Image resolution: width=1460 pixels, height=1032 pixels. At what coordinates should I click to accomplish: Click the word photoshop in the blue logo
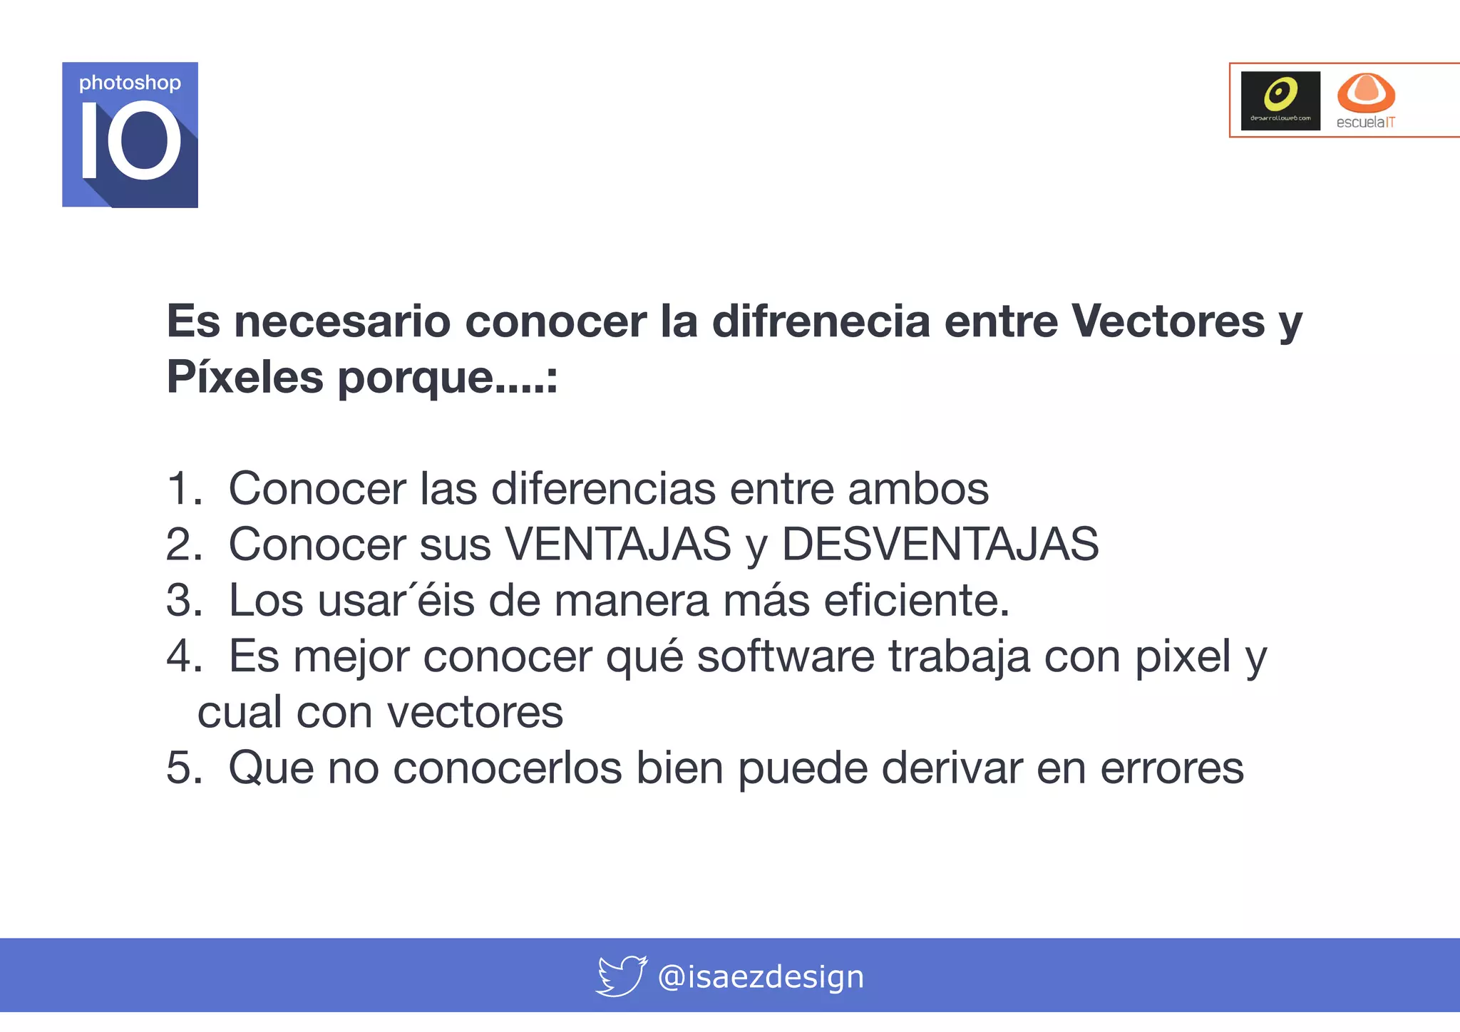tap(130, 83)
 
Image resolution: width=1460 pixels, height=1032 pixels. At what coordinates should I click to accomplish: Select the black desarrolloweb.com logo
tap(1280, 100)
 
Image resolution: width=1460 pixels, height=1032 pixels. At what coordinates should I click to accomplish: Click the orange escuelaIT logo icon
tap(1365, 93)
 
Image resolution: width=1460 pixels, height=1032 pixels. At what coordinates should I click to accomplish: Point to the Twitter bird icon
tap(621, 976)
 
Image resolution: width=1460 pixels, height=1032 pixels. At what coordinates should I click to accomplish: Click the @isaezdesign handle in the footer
tap(761, 976)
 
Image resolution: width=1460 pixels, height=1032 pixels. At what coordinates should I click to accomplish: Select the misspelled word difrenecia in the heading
tap(821, 321)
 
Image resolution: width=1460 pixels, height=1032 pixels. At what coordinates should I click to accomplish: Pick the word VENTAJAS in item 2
tap(618, 545)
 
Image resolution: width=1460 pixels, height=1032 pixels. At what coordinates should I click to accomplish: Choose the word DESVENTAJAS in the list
tap(940, 545)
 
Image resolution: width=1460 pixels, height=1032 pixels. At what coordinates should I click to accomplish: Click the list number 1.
tap(182, 489)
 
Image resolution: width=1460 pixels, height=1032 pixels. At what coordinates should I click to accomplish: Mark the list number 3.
tap(182, 600)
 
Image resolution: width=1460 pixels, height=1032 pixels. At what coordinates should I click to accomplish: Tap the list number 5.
tap(182, 768)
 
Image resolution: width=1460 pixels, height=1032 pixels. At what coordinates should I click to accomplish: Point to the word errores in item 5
tap(1172, 768)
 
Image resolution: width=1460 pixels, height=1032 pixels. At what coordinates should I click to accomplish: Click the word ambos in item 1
tap(918, 489)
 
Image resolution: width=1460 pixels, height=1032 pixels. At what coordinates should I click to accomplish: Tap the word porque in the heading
tap(415, 378)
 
